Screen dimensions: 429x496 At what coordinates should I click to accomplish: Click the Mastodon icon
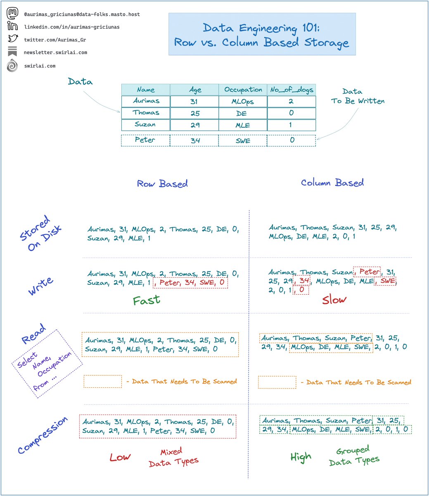[x=12, y=13]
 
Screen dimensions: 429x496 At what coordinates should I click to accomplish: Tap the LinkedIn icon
[x=12, y=26]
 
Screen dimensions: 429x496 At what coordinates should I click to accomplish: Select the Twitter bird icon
[x=13, y=38]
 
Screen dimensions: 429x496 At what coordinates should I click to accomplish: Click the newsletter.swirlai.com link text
[x=55, y=52]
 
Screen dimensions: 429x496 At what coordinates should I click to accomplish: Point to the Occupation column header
[x=243, y=90]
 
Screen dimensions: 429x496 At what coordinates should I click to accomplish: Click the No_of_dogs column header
[x=292, y=90]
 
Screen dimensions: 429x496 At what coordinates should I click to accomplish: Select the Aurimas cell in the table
[x=146, y=101]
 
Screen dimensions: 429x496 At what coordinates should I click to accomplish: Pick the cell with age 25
[x=194, y=113]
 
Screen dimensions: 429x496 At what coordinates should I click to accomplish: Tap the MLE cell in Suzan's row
[x=243, y=125]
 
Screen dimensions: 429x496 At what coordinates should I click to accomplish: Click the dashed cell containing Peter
[x=146, y=141]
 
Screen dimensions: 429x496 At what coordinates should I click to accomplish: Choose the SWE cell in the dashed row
[x=243, y=141]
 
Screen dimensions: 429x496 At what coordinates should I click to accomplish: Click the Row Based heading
[x=162, y=184]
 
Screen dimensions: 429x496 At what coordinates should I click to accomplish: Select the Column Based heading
[x=332, y=183]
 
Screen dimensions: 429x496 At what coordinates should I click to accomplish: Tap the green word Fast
[x=147, y=300]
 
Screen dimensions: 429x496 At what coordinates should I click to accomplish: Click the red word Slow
[x=334, y=300]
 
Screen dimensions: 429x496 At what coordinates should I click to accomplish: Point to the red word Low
[x=120, y=457]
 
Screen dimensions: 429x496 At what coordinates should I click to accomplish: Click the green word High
[x=301, y=457]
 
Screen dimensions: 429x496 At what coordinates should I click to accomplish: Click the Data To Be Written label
[x=358, y=96]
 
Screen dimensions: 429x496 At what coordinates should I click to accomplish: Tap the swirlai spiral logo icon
[x=12, y=65]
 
